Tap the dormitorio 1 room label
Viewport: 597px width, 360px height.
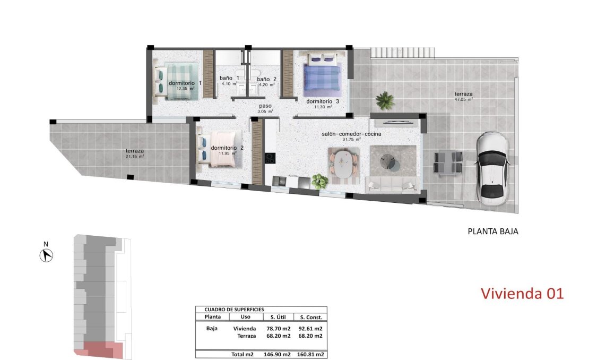coord(185,83)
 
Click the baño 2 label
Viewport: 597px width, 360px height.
coord(266,80)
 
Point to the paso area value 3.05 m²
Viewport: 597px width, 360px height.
coord(265,112)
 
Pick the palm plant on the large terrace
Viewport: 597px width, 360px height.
coord(384,99)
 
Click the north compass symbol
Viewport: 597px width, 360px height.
coord(47,255)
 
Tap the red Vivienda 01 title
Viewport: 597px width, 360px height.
coord(522,293)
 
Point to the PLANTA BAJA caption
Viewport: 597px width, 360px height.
coord(492,232)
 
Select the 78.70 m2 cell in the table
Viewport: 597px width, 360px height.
coord(278,329)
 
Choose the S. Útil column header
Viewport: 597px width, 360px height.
coord(278,317)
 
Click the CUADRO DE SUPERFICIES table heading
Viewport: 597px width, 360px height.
coord(230,309)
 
